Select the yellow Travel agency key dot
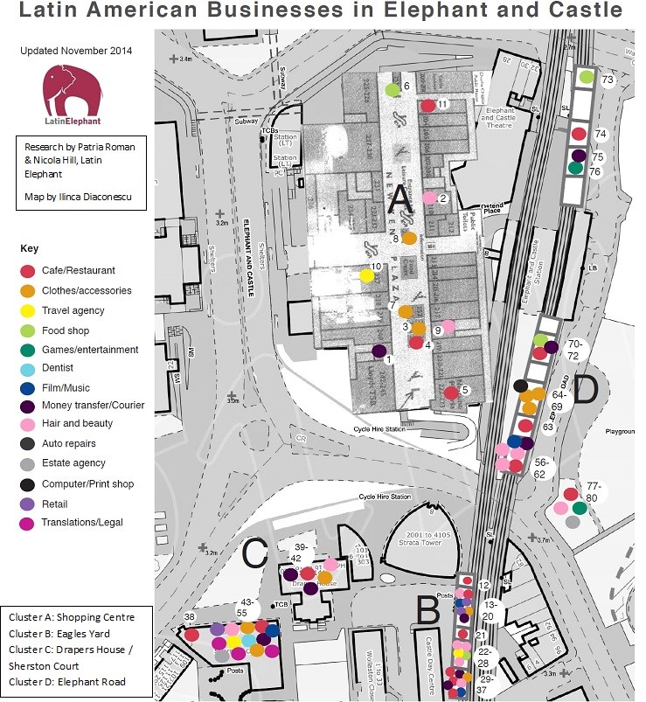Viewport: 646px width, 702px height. [x=28, y=310]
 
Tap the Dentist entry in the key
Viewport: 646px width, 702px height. [x=60, y=369]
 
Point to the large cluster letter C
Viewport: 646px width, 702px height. [x=254, y=553]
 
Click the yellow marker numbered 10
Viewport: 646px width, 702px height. [x=367, y=276]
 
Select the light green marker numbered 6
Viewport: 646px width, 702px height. [x=392, y=89]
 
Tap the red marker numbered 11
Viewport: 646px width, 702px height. [x=427, y=106]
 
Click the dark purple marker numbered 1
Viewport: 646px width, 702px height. [x=379, y=351]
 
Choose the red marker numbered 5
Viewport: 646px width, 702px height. [x=451, y=393]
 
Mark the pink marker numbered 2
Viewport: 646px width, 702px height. [x=428, y=199]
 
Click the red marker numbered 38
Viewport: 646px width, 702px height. [x=191, y=635]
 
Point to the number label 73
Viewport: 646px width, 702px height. [x=608, y=80]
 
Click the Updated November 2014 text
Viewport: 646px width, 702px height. [x=76, y=51]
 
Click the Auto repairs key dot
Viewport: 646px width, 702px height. [x=28, y=444]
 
